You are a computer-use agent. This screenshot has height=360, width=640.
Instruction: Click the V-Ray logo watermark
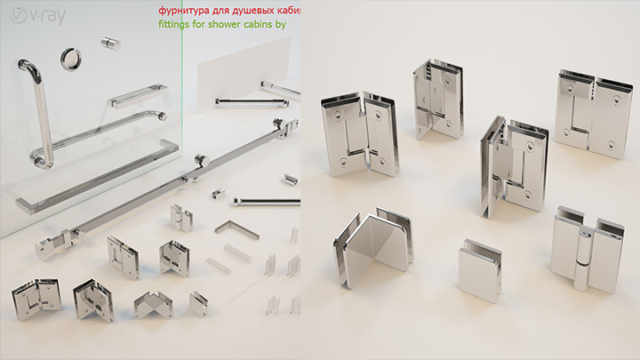pyautogui.click(x=38, y=16)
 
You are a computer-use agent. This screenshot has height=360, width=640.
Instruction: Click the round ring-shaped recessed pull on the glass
pyautogui.click(x=71, y=59)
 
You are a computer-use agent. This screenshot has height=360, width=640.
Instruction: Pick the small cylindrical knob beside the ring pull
pyautogui.click(x=110, y=44)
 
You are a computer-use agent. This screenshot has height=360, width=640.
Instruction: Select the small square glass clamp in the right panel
pyautogui.click(x=480, y=270)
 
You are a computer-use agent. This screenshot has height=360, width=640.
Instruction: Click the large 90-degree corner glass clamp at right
pyautogui.click(x=373, y=247)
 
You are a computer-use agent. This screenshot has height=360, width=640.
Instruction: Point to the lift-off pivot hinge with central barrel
pyautogui.click(x=586, y=249)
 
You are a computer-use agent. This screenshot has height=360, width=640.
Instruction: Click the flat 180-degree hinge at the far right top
pyautogui.click(x=593, y=113)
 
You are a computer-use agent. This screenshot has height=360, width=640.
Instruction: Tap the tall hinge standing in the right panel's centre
pyautogui.click(x=514, y=166)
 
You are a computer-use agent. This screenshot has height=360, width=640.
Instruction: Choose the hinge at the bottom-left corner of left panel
pyautogui.click(x=36, y=299)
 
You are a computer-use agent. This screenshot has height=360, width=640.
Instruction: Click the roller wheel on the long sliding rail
pyautogui.click(x=202, y=160)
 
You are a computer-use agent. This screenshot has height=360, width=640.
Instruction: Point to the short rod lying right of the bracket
pyautogui.click(x=267, y=201)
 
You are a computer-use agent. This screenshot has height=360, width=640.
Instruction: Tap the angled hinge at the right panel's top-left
pyautogui.click(x=359, y=135)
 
